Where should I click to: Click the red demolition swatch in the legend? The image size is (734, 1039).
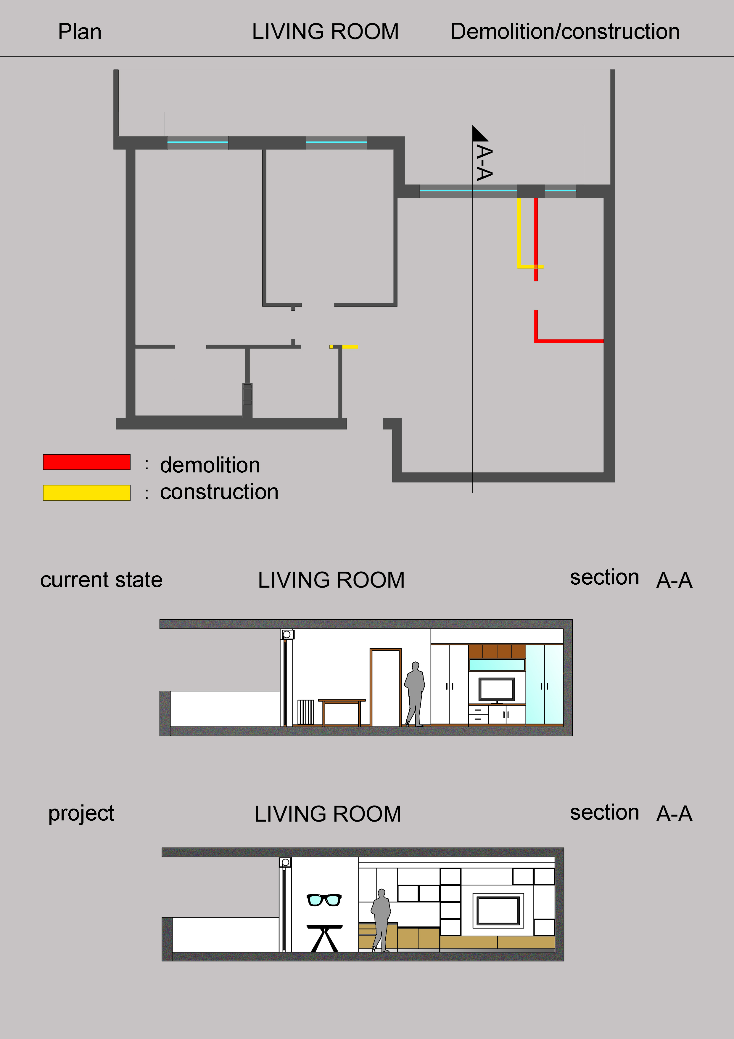click(87, 462)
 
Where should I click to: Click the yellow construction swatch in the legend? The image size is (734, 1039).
click(87, 493)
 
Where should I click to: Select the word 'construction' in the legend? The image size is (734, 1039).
click(219, 492)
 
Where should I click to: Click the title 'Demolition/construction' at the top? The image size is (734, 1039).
click(565, 32)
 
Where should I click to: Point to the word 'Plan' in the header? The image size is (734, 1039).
click(80, 32)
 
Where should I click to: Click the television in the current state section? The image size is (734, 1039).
click(497, 690)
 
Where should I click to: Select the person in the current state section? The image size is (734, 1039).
click(415, 694)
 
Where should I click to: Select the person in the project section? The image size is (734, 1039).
click(381, 921)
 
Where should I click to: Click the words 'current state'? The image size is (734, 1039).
click(101, 580)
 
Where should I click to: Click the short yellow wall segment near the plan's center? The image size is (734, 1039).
click(344, 347)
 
